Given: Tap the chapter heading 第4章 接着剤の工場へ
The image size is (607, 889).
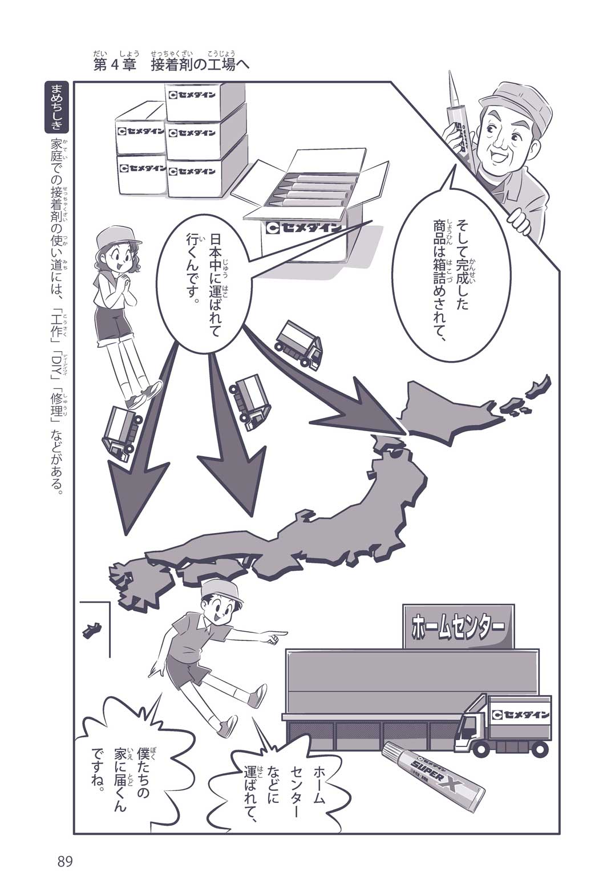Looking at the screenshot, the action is [171, 64].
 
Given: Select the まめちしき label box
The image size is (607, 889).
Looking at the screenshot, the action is [56, 108].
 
